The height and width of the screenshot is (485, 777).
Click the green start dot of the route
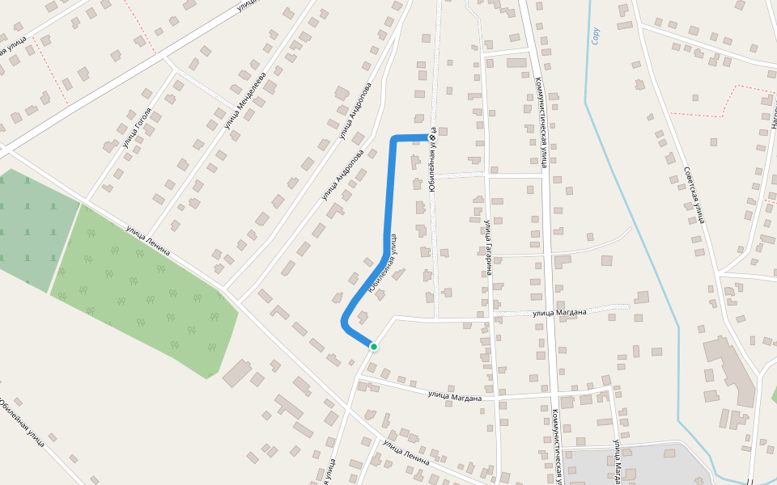point(373,347)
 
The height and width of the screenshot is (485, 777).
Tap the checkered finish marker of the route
point(431,137)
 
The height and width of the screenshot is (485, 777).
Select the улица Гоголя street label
point(137,128)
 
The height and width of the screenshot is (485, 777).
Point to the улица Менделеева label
point(245,101)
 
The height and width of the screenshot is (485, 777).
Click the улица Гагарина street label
point(488,247)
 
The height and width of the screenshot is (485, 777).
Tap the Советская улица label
point(693,194)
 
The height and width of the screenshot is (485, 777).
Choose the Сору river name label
point(597,35)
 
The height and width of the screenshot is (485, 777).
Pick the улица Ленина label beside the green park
point(147,241)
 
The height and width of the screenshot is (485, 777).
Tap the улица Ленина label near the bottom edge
point(405,451)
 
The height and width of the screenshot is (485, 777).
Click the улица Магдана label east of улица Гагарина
point(559,311)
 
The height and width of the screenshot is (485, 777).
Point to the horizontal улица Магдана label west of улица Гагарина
point(454,395)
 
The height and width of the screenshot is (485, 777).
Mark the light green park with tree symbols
point(146,291)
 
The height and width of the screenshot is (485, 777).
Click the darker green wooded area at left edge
point(32,226)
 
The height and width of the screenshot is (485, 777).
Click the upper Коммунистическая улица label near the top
point(541,121)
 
